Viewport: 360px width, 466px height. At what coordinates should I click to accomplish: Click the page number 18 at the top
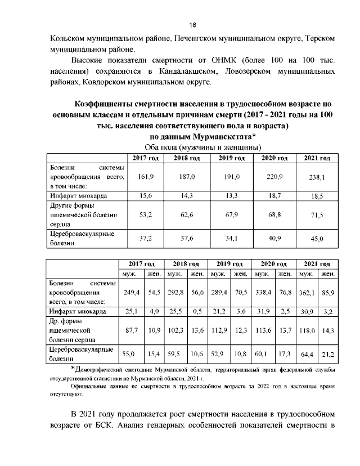click(192, 25)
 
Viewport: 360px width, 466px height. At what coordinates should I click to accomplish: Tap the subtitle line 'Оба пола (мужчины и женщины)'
click(193, 147)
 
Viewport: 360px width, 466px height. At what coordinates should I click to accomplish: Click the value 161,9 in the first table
click(146, 177)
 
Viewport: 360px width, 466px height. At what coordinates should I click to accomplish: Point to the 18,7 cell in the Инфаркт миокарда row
click(275, 195)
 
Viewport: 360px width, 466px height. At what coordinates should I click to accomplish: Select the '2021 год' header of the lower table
click(317, 263)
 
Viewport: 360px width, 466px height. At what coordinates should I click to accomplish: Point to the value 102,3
click(175, 331)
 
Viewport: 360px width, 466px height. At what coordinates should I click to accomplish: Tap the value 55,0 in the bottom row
click(129, 353)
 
